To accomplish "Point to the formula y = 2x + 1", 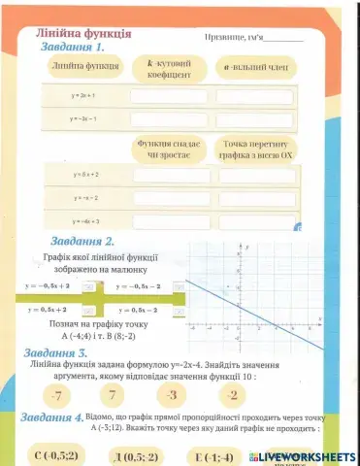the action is [x=81, y=96].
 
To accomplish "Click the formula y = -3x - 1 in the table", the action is [x=81, y=118].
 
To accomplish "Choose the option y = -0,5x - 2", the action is [x=137, y=286].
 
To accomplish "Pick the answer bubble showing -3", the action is [x=173, y=394].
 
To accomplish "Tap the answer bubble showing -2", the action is [x=230, y=394].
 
